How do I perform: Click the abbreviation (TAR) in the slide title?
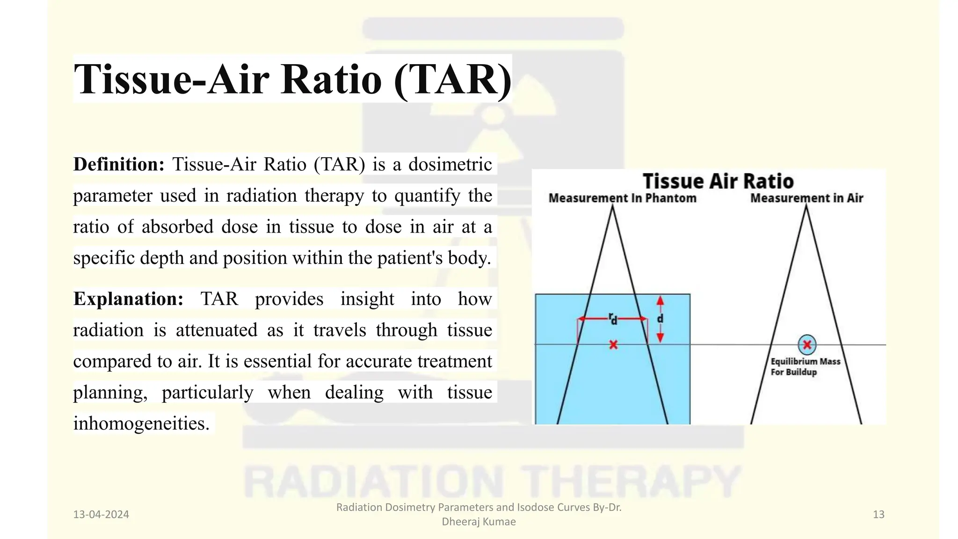[452, 79]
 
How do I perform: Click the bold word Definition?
[119, 164]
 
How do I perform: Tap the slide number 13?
[878, 514]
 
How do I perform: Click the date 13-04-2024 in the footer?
[101, 514]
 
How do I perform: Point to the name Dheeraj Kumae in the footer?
[479, 522]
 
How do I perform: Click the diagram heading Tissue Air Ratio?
[718, 181]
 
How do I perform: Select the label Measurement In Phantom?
[622, 198]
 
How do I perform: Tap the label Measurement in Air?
[806, 198]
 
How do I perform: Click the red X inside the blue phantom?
[613, 345]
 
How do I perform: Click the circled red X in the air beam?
[807, 345]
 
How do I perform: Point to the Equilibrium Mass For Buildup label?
[805, 367]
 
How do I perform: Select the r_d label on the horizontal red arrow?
[613, 319]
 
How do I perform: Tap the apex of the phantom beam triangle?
[612, 207]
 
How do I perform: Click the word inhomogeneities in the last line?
[141, 423]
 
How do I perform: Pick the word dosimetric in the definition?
[450, 164]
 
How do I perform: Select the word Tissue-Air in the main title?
[172, 79]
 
